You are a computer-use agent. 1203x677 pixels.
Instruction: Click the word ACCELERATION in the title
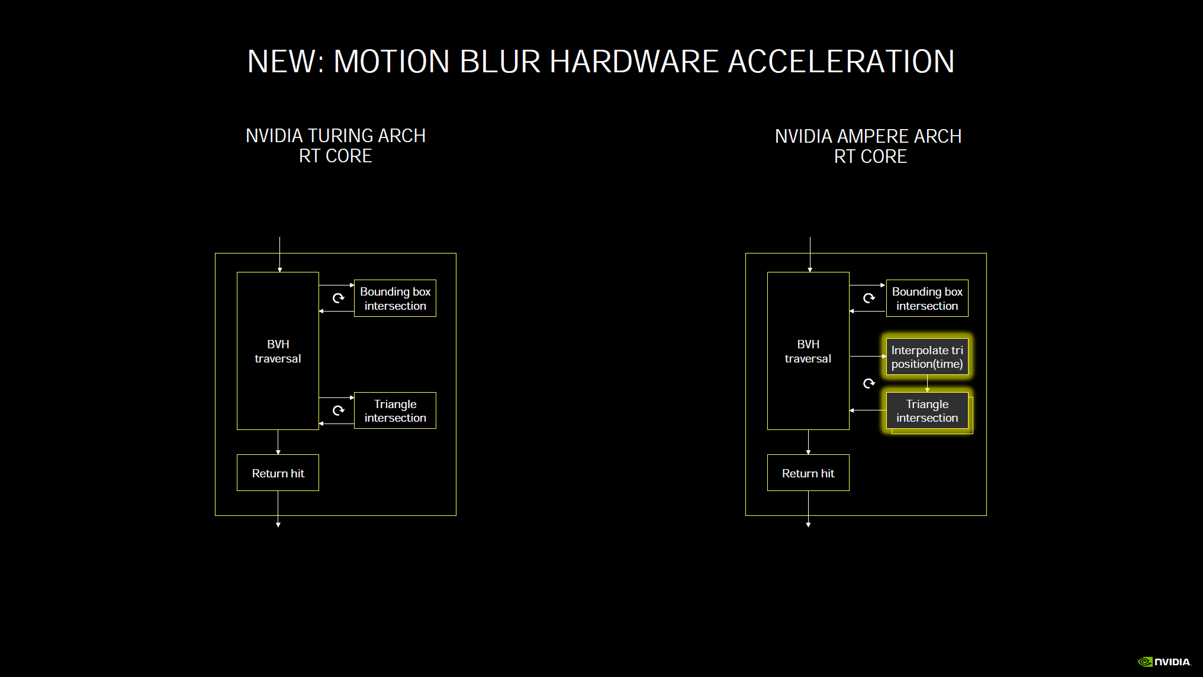click(x=841, y=62)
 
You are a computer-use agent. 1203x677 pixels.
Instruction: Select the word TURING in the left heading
click(x=332, y=136)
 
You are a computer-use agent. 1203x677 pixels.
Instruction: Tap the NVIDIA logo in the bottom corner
click(x=1164, y=662)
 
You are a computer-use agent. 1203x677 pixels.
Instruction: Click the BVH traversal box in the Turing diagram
click(x=278, y=351)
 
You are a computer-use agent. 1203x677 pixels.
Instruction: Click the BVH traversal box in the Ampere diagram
click(x=808, y=351)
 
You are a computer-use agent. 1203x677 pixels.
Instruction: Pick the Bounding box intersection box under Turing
click(x=395, y=299)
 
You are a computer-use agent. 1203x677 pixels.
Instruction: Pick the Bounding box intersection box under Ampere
click(x=927, y=299)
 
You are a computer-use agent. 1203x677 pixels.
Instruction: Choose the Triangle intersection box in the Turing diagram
click(x=395, y=410)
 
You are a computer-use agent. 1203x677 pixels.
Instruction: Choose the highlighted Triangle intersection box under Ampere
click(x=927, y=410)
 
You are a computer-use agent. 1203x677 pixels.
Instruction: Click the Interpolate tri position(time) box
click(x=927, y=357)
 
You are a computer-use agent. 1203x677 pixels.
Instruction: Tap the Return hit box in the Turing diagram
click(x=278, y=473)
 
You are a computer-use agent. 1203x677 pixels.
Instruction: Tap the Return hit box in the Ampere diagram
click(x=808, y=473)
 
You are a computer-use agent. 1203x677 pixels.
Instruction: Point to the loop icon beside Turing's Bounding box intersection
click(x=338, y=298)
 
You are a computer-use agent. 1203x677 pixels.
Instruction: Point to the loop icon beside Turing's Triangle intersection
click(x=338, y=410)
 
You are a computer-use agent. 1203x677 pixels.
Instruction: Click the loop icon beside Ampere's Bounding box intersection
click(x=869, y=298)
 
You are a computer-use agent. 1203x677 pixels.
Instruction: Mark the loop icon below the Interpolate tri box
click(x=869, y=384)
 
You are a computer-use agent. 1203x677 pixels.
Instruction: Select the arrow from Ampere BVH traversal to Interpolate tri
click(x=868, y=356)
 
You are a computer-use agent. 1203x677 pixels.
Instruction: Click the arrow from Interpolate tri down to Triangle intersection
click(x=927, y=384)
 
